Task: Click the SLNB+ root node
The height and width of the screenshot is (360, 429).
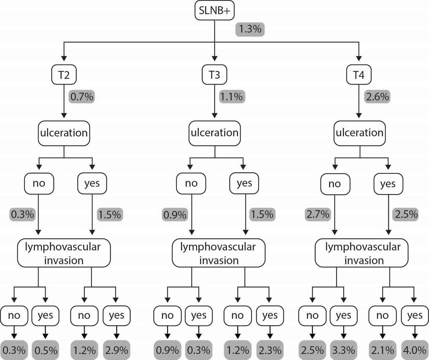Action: pyautogui.click(x=214, y=10)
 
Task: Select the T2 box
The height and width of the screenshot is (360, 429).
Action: pyautogui.click(x=64, y=74)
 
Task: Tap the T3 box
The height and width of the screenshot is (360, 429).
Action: pyautogui.click(x=214, y=74)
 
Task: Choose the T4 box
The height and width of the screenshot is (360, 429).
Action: pyautogui.click(x=359, y=74)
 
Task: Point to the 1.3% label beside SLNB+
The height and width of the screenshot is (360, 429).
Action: pyautogui.click(x=250, y=29)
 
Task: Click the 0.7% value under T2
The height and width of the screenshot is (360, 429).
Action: pyautogui.click(x=82, y=97)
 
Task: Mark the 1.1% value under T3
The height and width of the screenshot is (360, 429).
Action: pyautogui.click(x=231, y=97)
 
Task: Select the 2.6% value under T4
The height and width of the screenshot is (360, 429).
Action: pyautogui.click(x=377, y=97)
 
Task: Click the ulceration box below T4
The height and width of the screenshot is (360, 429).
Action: pyautogui.click(x=360, y=133)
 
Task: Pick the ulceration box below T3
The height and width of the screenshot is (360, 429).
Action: pyautogui.click(x=214, y=133)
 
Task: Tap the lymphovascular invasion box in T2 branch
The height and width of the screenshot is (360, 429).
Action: pyautogui.click(x=64, y=253)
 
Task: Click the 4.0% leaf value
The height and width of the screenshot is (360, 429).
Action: pyautogui.click(x=415, y=350)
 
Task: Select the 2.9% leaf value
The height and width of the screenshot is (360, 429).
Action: pyautogui.click(x=116, y=350)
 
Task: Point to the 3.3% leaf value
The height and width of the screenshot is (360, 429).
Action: pyautogui.click(x=344, y=350)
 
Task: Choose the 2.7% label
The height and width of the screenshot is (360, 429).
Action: pyautogui.click(x=317, y=214)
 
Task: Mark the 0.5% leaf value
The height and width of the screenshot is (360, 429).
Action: pyautogui.click(x=46, y=350)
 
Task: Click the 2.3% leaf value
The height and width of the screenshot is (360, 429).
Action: pyautogui.click(x=270, y=350)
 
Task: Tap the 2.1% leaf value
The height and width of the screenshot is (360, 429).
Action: pyautogui.click(x=382, y=350)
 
